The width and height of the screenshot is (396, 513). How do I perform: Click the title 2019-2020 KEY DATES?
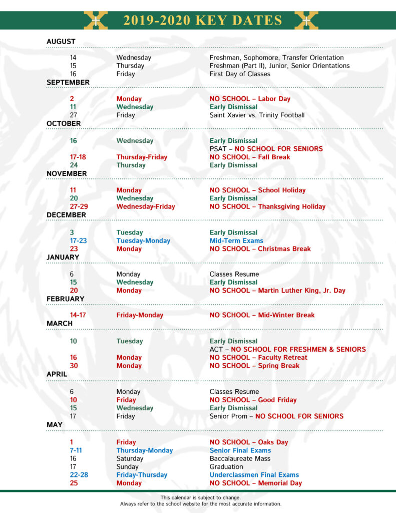[x=203, y=21]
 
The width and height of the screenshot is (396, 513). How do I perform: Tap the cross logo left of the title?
[x=96, y=21]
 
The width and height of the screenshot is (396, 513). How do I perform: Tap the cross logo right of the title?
[x=306, y=21]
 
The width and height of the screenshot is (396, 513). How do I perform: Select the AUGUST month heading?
[x=61, y=42]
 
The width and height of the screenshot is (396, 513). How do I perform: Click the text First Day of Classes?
[x=240, y=74]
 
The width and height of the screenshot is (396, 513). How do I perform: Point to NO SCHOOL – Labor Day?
[x=250, y=99]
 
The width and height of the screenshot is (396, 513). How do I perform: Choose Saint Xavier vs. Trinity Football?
[x=257, y=115]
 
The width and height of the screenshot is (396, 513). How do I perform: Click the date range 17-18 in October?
[x=78, y=157]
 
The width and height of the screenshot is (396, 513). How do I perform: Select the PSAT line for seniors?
[x=266, y=149]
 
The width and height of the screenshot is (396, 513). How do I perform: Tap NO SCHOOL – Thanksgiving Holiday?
[x=267, y=206]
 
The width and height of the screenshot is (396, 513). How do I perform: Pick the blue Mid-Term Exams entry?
[x=236, y=241]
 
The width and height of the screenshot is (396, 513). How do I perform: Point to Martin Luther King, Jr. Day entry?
[x=277, y=291]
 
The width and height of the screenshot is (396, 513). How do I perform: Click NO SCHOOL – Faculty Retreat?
[x=258, y=358]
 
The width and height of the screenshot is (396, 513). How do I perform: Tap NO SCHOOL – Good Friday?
[x=253, y=400]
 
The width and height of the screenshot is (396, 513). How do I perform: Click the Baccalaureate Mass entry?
[x=240, y=458]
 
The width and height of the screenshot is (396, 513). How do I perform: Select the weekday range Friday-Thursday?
[x=142, y=475]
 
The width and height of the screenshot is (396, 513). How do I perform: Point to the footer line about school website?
[x=201, y=504]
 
